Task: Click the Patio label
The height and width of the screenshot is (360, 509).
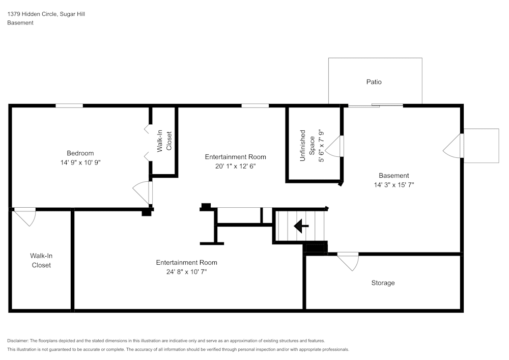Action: pyautogui.click(x=374, y=82)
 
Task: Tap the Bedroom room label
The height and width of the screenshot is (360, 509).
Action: pyautogui.click(x=80, y=153)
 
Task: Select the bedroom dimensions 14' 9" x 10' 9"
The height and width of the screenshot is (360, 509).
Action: pyautogui.click(x=80, y=162)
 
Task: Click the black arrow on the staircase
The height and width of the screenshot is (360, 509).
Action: pyautogui.click(x=301, y=226)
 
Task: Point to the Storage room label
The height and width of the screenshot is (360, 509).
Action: pyautogui.click(x=383, y=283)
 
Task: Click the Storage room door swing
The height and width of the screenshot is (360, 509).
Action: pyautogui.click(x=348, y=261)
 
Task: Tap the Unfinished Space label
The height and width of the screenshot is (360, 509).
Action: pyautogui.click(x=307, y=146)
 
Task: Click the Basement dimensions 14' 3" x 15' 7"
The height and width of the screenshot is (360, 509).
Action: pyautogui.click(x=394, y=185)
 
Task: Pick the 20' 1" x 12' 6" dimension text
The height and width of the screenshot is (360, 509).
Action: pyautogui.click(x=235, y=166)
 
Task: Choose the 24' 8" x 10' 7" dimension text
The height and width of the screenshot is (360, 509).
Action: pyautogui.click(x=187, y=272)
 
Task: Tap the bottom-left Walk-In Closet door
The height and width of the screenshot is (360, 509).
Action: pyautogui.click(x=25, y=217)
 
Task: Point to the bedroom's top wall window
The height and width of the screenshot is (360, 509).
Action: pyautogui.click(x=69, y=105)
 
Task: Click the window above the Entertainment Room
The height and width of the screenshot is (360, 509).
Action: pyautogui.click(x=255, y=105)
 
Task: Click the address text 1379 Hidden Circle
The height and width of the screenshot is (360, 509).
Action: pyautogui.click(x=33, y=14)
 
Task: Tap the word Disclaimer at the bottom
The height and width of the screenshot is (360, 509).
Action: pyautogui.click(x=18, y=341)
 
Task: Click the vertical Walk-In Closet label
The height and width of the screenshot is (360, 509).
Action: pyautogui.click(x=164, y=141)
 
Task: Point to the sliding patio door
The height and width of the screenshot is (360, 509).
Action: pyautogui.click(x=376, y=105)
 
